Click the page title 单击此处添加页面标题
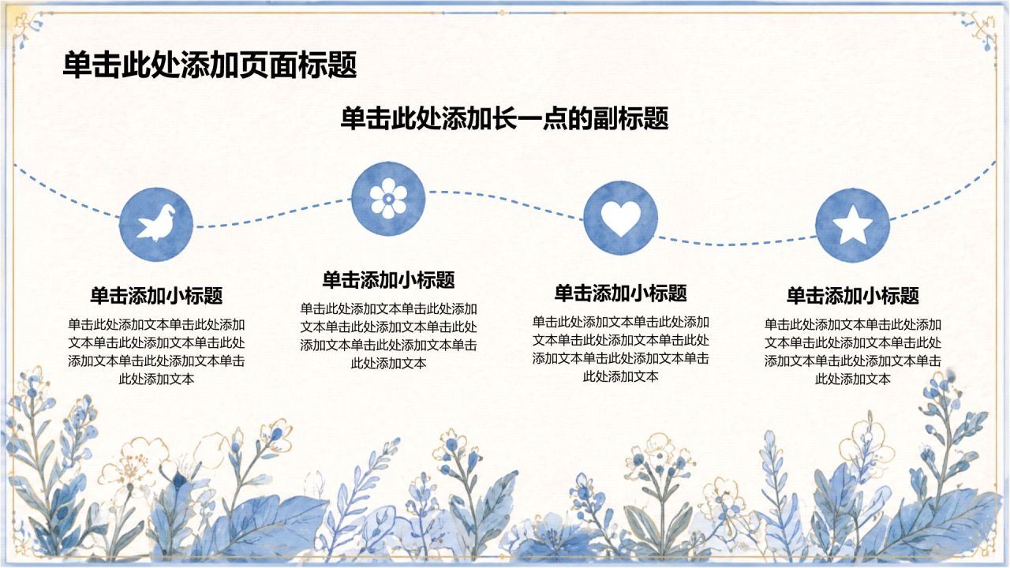210,65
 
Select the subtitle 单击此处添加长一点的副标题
504,118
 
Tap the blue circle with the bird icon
156,225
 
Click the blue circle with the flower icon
388,198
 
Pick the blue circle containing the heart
620,218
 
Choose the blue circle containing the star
853,225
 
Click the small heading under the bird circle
156,296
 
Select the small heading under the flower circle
389,280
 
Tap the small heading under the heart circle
621,293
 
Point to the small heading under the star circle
853,296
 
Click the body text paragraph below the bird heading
156,352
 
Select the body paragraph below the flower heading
389,336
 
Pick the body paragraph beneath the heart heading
621,349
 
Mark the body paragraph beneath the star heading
853,352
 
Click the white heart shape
620,219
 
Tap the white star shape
853,224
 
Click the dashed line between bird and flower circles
273,213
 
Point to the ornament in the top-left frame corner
28,28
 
